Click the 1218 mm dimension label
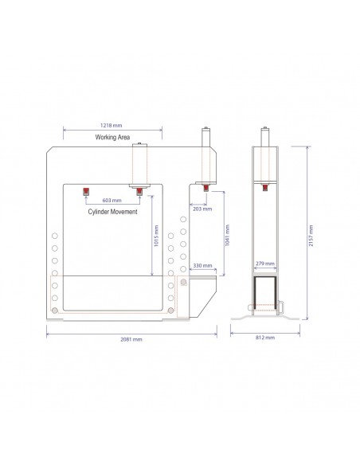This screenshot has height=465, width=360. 111,125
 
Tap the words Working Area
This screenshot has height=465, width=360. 112,137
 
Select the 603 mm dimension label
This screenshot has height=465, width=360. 112,200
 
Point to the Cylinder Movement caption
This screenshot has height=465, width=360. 112,212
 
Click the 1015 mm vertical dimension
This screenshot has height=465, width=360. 156,236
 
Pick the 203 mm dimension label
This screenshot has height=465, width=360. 202,209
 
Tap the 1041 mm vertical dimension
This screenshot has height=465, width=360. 228,235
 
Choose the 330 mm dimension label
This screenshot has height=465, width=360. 202,265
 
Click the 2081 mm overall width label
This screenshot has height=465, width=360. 131,339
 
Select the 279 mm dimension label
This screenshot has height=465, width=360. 265,264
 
